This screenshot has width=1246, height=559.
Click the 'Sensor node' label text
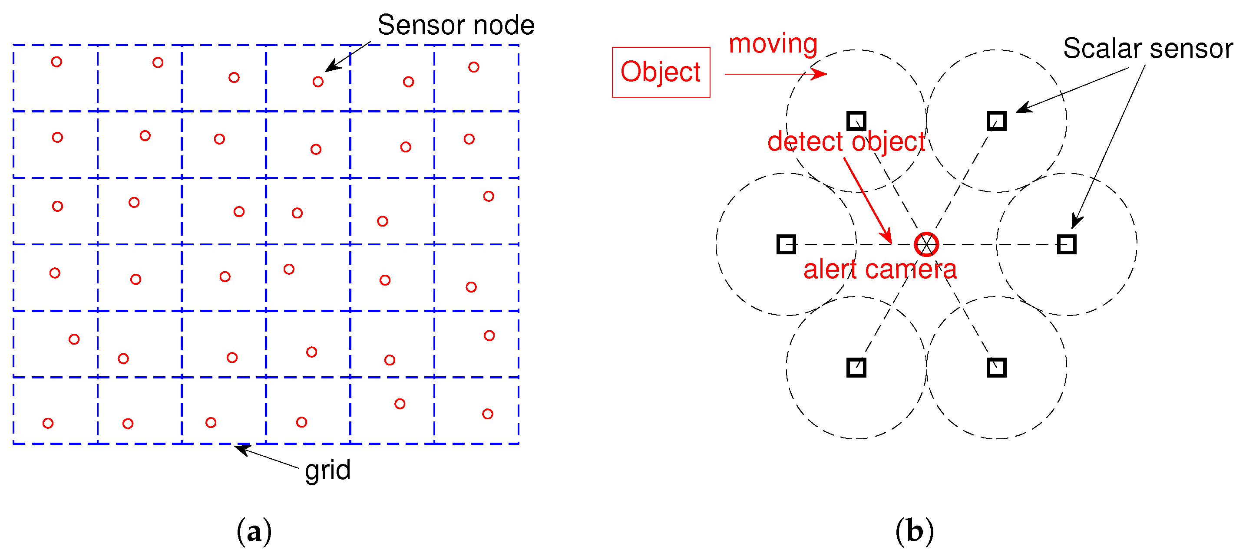[456, 25]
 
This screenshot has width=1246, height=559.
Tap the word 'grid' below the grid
[327, 470]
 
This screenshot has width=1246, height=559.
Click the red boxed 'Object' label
[661, 72]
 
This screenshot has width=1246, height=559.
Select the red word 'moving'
[773, 43]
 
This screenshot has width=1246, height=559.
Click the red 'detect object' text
[846, 141]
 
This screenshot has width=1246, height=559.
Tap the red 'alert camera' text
[880, 270]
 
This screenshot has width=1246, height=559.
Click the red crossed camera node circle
[926, 244]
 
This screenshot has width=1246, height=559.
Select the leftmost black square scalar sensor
[786, 244]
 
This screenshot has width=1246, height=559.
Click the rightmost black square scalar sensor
[1067, 244]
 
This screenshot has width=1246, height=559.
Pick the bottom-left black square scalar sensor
[856, 368]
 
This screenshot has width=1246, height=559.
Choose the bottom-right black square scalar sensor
[996, 368]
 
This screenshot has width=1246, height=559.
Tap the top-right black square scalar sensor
[996, 121]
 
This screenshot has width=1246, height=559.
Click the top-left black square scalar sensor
[856, 121]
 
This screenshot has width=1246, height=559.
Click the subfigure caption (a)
[254, 531]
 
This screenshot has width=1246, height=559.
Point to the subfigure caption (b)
[914, 531]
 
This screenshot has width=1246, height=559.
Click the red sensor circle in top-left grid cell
[56, 62]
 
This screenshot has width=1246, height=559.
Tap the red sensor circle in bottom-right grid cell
[488, 414]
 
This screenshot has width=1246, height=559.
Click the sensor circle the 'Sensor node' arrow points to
[318, 82]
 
